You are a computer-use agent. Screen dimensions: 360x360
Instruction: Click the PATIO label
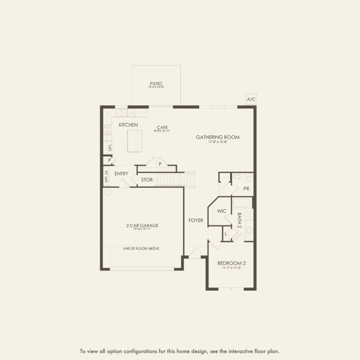point(156,83)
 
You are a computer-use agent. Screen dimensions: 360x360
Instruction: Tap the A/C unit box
point(251,100)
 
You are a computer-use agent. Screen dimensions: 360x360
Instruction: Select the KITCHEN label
point(128,125)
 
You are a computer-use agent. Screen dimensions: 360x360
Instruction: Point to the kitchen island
point(134,141)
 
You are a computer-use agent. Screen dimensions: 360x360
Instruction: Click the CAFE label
point(162,127)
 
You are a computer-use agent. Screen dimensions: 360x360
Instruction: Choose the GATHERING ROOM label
point(217,137)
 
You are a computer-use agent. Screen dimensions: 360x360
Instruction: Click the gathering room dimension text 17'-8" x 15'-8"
point(217,142)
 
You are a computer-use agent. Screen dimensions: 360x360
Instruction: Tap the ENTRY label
point(122,174)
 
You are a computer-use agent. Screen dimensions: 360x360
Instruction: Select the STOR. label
point(147,179)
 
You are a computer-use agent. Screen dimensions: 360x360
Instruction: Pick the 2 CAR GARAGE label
point(142,225)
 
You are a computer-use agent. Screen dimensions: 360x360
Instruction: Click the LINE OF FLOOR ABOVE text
point(141,249)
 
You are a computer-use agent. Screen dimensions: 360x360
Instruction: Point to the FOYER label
point(196,220)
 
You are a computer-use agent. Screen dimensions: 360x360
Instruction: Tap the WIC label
point(222,211)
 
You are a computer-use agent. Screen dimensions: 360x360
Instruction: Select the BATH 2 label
point(239,220)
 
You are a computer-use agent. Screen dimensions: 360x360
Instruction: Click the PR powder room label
point(246,189)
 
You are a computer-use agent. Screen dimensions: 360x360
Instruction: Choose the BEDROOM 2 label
point(232,263)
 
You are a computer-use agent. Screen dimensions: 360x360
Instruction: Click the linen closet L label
point(226,234)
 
